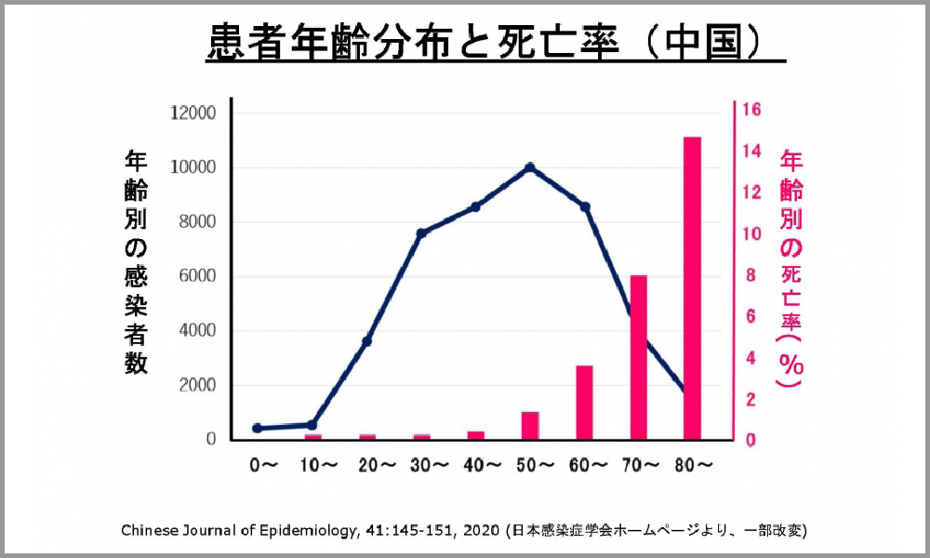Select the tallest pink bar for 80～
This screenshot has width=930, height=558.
(692, 288)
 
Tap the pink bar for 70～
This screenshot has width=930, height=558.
(638, 357)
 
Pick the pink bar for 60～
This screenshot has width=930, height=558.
(584, 402)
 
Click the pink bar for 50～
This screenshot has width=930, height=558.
(530, 425)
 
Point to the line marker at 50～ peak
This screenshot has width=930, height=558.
(530, 167)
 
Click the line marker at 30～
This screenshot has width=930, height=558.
(421, 233)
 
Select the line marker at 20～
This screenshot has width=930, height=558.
(366, 341)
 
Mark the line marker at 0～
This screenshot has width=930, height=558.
(258, 428)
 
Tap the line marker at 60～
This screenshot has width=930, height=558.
(585, 206)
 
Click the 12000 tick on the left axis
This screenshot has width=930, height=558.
(193, 113)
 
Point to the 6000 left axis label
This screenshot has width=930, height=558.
(197, 276)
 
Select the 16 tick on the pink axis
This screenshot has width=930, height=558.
(753, 110)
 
